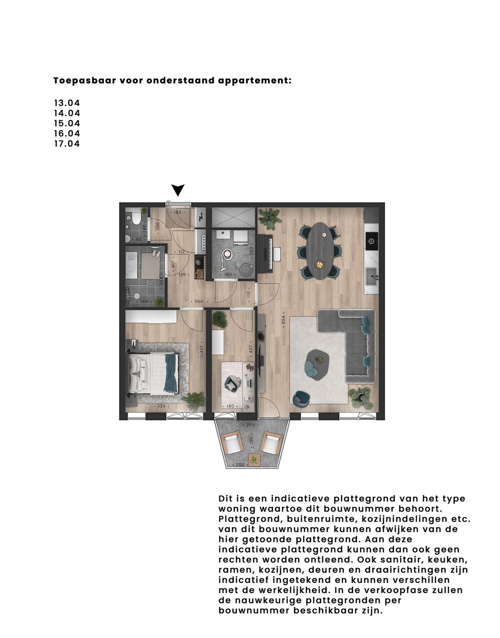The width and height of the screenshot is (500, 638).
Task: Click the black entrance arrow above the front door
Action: point(178,190)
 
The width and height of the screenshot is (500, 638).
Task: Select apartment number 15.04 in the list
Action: point(67,123)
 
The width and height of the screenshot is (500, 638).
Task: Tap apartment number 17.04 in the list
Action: point(67,144)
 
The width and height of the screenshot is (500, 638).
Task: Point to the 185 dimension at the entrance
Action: point(177,212)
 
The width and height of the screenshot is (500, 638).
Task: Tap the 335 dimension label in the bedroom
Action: point(161,407)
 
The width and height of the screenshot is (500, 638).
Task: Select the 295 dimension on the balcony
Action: point(251,425)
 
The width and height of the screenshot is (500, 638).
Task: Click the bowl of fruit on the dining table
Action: point(320,264)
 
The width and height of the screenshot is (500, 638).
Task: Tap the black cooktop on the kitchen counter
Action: point(371,240)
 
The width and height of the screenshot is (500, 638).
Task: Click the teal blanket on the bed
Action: point(171,372)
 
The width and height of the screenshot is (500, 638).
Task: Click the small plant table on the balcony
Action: point(253,460)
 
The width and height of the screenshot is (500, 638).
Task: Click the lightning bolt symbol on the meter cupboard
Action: point(201,217)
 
